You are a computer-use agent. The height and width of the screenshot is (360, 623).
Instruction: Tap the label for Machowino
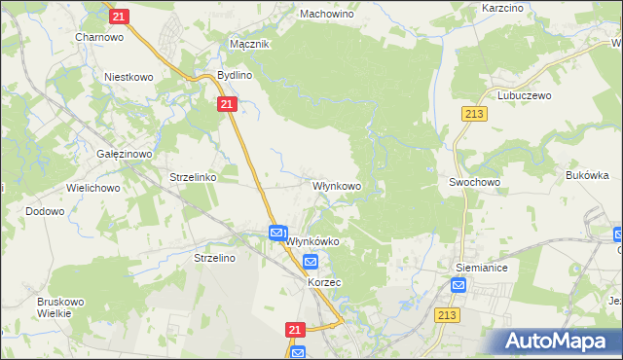coord(326,16)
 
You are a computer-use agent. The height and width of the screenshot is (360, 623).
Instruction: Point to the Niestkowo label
coord(131,76)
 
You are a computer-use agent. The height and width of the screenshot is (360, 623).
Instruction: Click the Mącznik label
coord(248,45)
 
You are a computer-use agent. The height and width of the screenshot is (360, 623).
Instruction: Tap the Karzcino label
coord(504,8)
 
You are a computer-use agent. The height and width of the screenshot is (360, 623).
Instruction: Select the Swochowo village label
coord(474,182)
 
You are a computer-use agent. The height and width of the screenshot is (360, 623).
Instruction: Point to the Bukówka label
coord(587,176)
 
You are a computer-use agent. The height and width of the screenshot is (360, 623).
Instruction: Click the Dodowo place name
coord(45,211)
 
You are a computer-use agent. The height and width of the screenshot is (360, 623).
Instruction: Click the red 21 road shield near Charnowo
coord(119,17)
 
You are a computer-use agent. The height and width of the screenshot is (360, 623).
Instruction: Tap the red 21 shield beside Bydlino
coord(227,103)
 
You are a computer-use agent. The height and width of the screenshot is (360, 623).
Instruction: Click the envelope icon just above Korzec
coord(311,262)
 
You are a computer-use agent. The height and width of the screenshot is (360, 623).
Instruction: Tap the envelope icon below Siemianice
coord(459,286)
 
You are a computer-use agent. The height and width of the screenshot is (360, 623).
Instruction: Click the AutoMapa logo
coord(560,341)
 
